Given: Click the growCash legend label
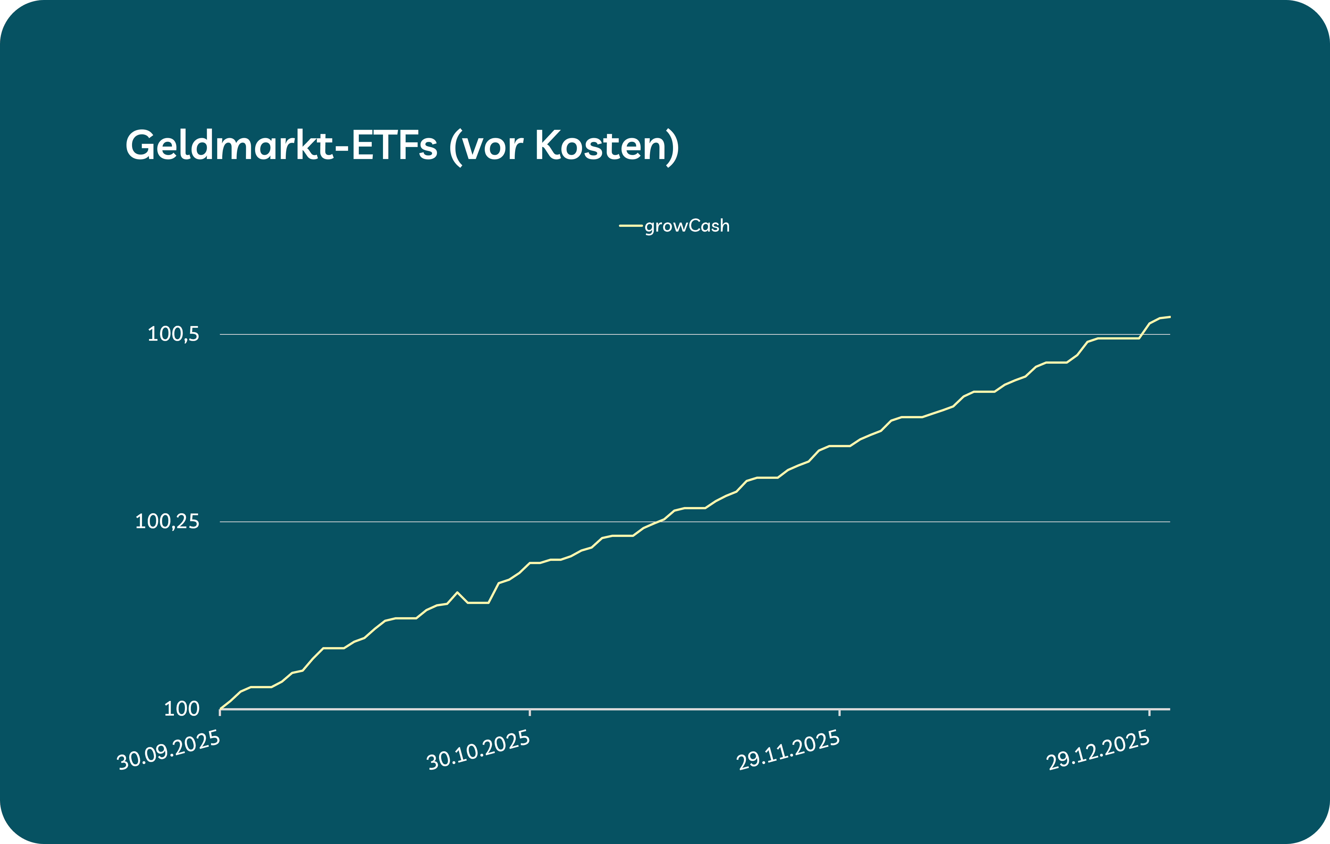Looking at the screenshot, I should (687, 226).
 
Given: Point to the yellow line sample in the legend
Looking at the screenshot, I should (631, 226).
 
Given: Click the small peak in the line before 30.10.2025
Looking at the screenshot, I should (457, 592).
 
